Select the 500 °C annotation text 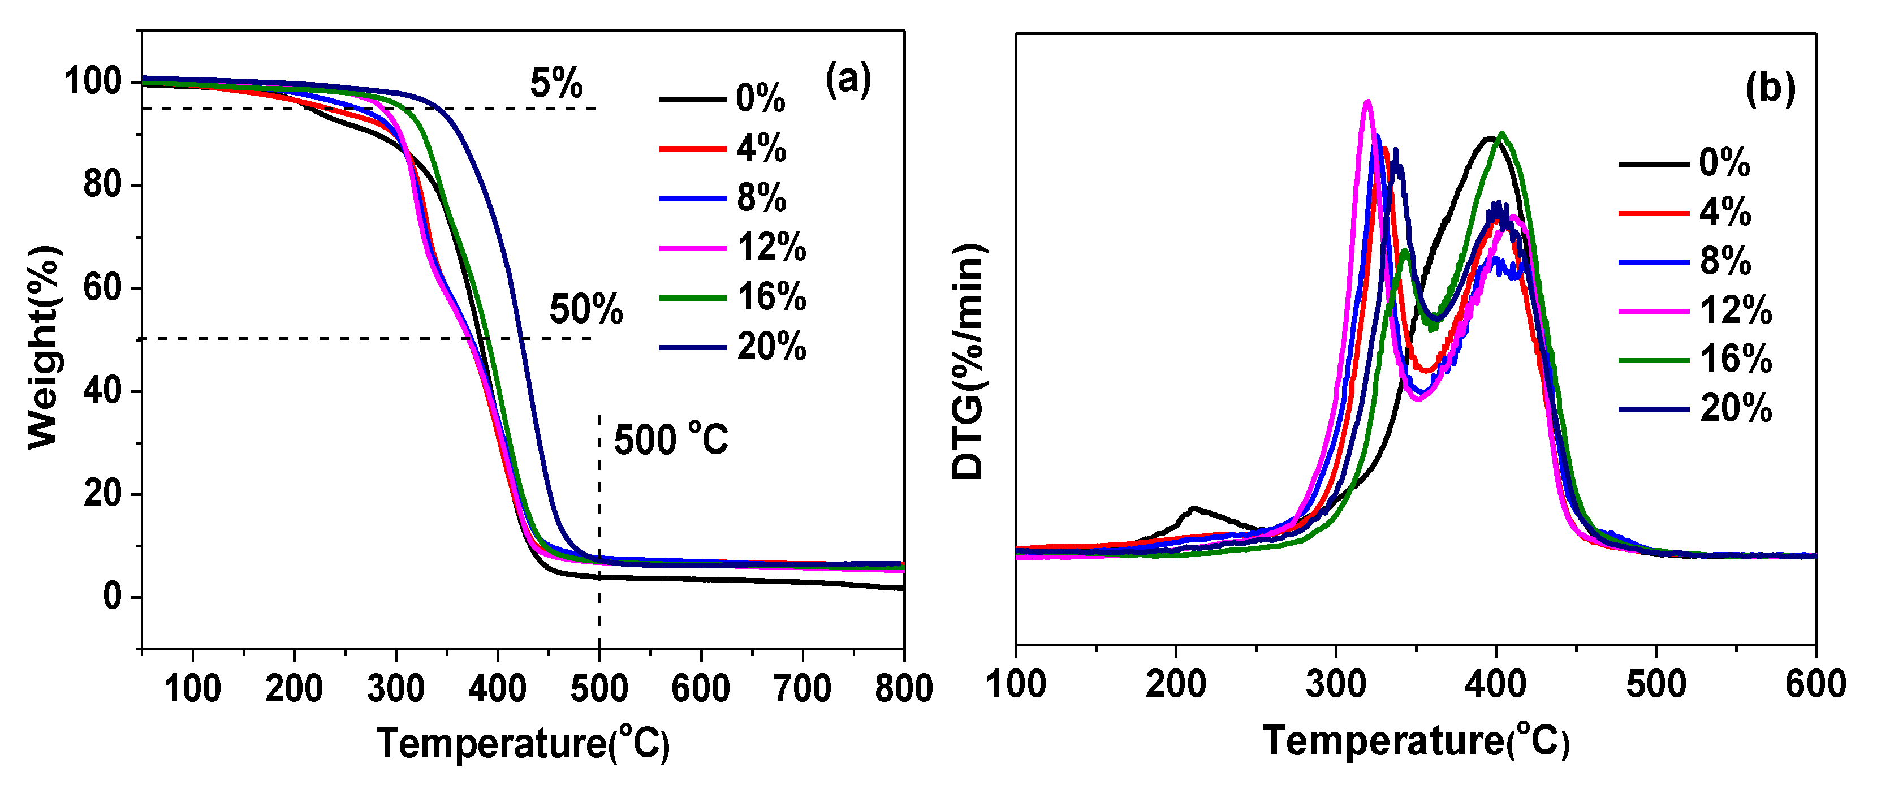pos(670,439)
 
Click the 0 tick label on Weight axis pos(112,597)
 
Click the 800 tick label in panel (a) pos(904,688)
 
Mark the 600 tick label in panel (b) pos(1815,684)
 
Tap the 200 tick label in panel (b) pos(1175,684)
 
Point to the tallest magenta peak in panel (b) pos(1367,102)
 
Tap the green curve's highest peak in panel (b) pos(1501,134)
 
